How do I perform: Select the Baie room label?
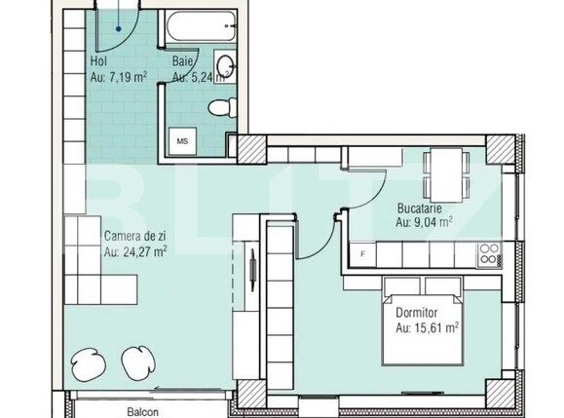183,61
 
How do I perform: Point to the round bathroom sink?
226,66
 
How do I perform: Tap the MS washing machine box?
181,140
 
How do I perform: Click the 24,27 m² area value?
135,250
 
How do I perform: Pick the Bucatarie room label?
419,209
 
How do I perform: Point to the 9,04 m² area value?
424,222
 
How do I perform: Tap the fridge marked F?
363,254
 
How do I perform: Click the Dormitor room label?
418,314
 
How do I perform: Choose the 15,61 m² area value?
427,328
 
